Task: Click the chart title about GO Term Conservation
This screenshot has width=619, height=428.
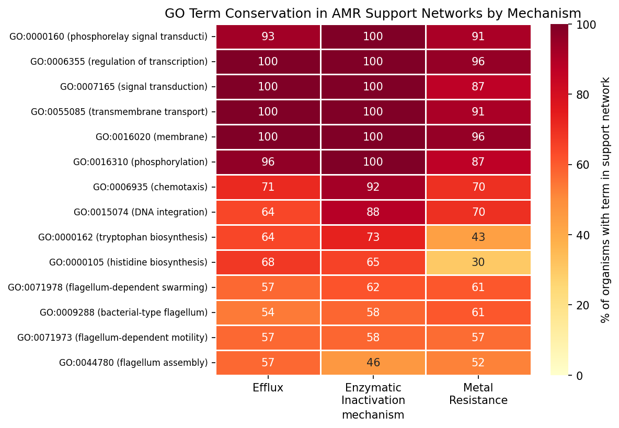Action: coord(373,14)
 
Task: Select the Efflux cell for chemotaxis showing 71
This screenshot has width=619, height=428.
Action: coord(268,187)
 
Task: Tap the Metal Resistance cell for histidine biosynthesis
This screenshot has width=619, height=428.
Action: coord(478,262)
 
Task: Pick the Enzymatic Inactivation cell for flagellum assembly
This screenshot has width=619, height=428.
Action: coord(373,363)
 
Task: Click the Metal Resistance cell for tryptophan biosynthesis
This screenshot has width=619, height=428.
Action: coord(478,237)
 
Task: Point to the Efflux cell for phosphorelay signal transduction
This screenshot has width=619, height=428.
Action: coord(268,37)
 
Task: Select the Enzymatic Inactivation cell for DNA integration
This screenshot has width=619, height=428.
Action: coord(373,212)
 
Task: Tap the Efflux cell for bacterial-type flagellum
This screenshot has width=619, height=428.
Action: coord(268,313)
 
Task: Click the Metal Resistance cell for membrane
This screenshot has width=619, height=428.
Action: coord(478,137)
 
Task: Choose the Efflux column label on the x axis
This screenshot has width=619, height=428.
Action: coord(268,388)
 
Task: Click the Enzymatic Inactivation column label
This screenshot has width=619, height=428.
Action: coord(373,394)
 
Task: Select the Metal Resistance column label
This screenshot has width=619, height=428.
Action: coord(478,394)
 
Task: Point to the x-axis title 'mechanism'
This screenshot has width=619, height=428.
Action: coord(373,415)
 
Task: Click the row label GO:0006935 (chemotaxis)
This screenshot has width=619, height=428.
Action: coord(150,187)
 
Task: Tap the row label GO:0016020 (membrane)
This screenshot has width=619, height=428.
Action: coord(152,137)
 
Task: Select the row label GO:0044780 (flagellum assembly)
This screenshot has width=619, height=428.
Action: coord(133,363)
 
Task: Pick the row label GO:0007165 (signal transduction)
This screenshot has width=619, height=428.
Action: coord(134,87)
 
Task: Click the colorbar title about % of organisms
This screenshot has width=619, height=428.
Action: coord(605,200)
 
